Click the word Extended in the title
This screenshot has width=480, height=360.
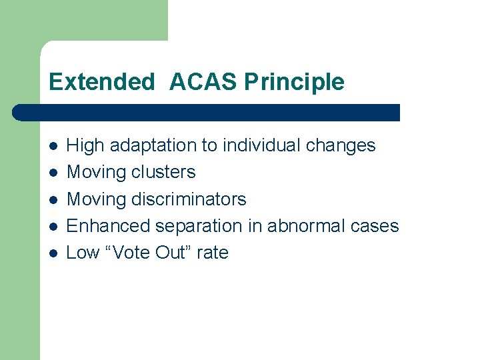[x=101, y=82]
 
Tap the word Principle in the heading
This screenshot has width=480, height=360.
[x=294, y=82]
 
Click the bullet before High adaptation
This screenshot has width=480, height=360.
[x=53, y=145]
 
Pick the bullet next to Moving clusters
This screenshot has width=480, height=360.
[x=53, y=173]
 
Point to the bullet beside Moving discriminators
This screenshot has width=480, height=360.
[x=53, y=199]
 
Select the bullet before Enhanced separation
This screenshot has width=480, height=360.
[x=53, y=226]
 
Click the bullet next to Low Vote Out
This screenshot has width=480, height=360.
[x=53, y=253]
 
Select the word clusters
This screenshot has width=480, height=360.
[x=163, y=172]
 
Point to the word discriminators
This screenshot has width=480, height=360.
[x=189, y=199]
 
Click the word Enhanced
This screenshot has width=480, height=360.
[x=109, y=226]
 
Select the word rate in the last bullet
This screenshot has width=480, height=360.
[x=212, y=253]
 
